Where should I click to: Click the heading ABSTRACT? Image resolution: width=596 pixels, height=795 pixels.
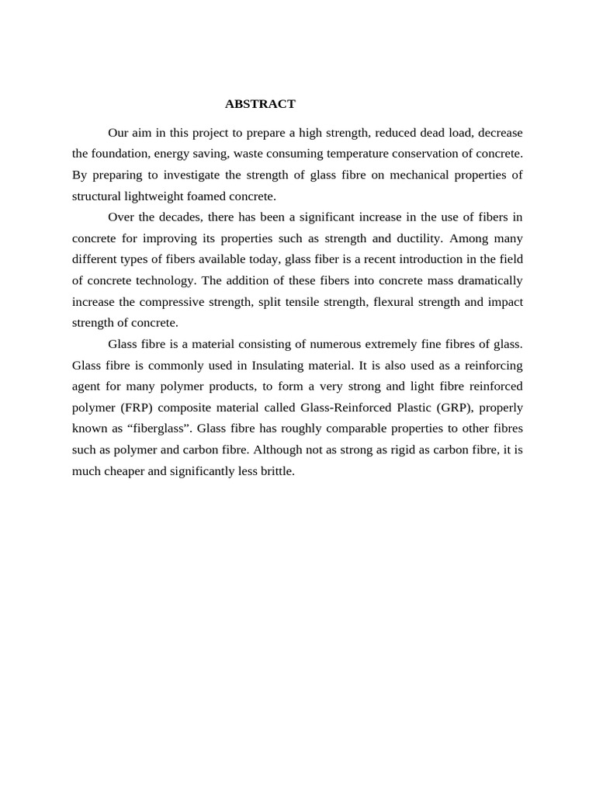coord(260,104)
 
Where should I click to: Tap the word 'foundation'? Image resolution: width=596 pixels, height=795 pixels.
coord(120,154)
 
